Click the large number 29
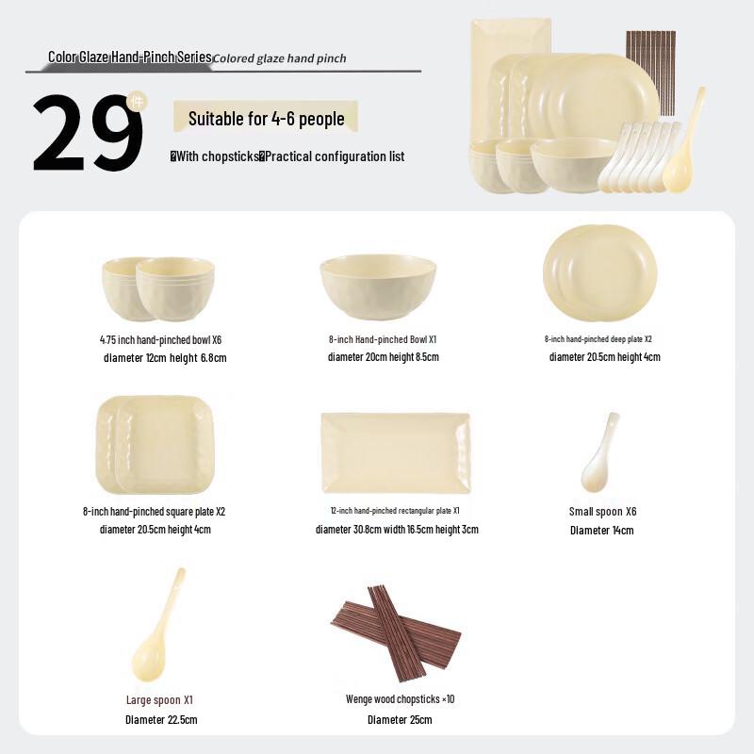pyautogui.click(x=87, y=134)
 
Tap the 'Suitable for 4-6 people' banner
pyautogui.click(x=266, y=119)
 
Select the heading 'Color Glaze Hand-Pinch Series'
pyautogui.click(x=130, y=57)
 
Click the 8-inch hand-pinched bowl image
pyautogui.click(x=378, y=287)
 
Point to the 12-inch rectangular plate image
pyautogui.click(x=395, y=452)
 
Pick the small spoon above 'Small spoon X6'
pyautogui.click(x=599, y=452)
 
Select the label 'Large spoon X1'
pyautogui.click(x=159, y=700)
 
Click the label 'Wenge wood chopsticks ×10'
pyautogui.click(x=400, y=699)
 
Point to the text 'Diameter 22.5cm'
pyautogui.click(x=161, y=720)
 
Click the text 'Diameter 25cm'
pyautogui.click(x=400, y=720)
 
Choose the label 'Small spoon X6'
pyautogui.click(x=602, y=512)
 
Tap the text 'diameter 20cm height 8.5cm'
pyautogui.click(x=383, y=357)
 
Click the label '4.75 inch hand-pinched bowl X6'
pyautogui.click(x=160, y=339)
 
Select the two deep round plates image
pyautogui.click(x=599, y=273)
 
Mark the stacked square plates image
pyautogui.click(x=156, y=445)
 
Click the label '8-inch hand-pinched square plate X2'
pyautogui.click(x=154, y=512)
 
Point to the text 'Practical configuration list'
pyautogui.click(x=335, y=156)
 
